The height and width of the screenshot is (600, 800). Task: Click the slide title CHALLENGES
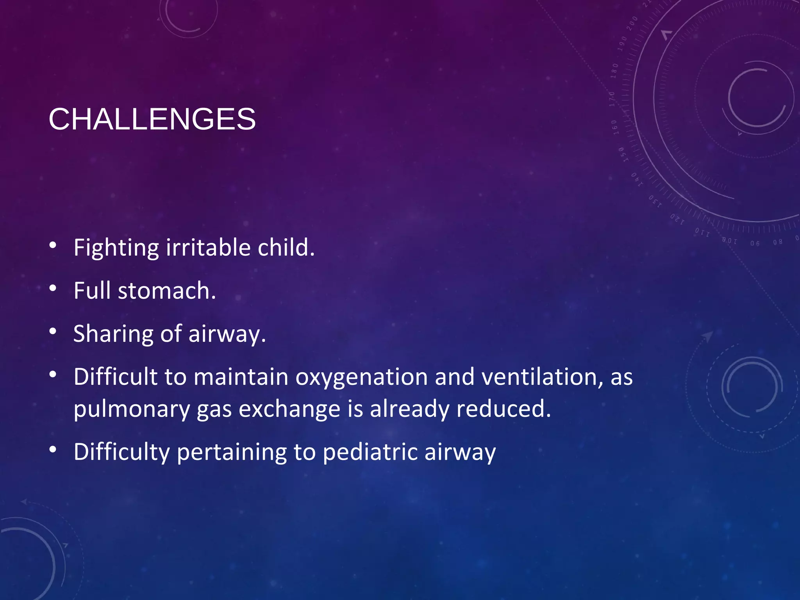tap(152, 119)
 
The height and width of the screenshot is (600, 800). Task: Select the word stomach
tap(166, 291)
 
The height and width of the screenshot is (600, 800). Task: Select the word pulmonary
tap(131, 410)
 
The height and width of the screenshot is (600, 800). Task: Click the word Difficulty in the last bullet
tap(121, 452)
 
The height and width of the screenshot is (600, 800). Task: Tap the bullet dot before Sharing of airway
tap(53, 332)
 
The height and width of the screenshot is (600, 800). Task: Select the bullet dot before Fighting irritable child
tap(53, 245)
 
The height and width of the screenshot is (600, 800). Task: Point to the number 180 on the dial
tap(614, 71)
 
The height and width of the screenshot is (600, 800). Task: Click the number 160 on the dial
tap(614, 127)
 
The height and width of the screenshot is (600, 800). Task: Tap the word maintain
tap(241, 377)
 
